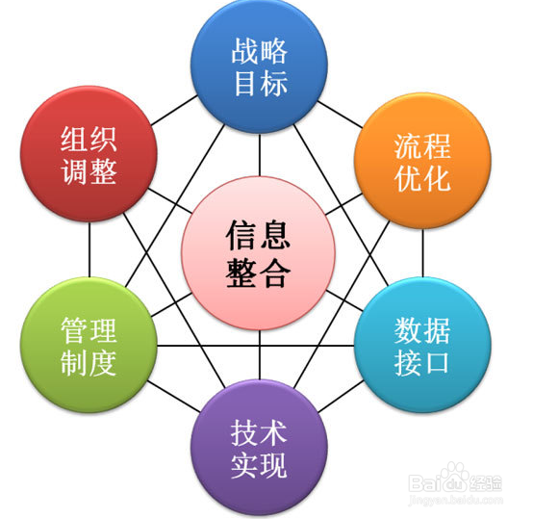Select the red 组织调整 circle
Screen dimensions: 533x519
89,154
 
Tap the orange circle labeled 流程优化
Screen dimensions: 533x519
422,161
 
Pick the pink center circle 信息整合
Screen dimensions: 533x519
259,253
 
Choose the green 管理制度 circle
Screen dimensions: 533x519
89,346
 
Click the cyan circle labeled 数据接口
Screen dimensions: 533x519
422,346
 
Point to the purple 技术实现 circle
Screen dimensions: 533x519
259,448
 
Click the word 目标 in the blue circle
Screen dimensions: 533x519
261,83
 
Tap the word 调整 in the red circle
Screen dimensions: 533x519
89,171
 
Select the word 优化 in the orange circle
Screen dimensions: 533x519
422,178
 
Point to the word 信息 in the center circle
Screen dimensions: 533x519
259,235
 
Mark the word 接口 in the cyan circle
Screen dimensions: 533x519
421,363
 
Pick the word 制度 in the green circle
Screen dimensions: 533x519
89,363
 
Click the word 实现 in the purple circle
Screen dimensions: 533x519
259,466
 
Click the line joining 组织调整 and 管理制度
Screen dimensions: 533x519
89,249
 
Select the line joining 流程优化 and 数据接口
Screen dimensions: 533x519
423,253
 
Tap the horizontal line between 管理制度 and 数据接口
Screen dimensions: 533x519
256,346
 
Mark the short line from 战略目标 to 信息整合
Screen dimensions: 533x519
260,155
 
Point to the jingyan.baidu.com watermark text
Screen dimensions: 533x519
455,500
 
